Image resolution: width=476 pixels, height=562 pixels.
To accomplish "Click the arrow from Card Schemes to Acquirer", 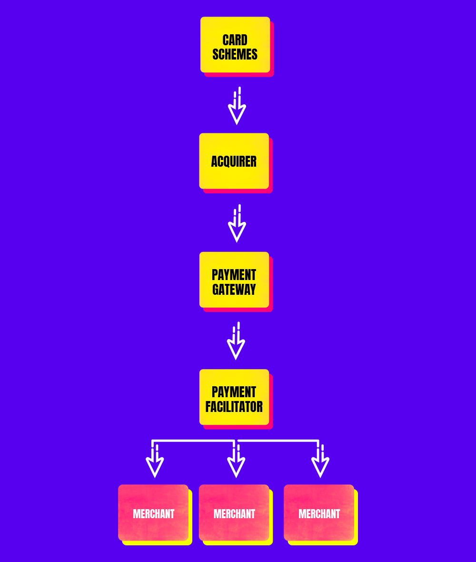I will [237, 107].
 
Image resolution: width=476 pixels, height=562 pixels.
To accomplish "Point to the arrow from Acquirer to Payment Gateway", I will [237, 225].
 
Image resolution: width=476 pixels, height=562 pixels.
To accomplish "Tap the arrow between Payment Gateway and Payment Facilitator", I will [236, 342].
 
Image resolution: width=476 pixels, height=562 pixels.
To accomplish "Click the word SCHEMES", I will [235, 55].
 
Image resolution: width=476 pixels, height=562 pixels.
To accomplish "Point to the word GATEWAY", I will [234, 290].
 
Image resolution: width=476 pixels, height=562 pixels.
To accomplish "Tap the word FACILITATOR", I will [234, 407].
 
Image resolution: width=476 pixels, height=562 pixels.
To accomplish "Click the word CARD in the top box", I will [235, 40].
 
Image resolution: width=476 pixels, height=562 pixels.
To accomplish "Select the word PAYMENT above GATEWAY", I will [234, 275].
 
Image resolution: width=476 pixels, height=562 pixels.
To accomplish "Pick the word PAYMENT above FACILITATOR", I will [234, 392].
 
